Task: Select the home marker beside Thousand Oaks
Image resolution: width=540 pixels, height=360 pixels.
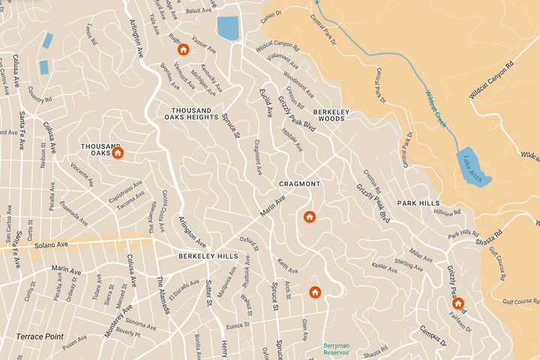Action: tap(118, 153)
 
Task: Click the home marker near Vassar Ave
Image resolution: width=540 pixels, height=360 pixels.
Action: tap(183, 49)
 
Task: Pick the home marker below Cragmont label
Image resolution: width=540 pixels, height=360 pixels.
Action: tap(309, 217)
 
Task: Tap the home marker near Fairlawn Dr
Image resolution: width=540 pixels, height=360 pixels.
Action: tap(457, 304)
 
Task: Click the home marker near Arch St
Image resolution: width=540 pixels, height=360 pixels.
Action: tap(315, 292)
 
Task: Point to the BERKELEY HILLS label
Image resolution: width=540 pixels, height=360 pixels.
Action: tap(208, 256)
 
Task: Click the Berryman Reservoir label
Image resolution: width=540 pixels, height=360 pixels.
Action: tap(342, 350)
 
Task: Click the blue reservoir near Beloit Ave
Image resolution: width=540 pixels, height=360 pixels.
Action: tap(227, 27)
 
